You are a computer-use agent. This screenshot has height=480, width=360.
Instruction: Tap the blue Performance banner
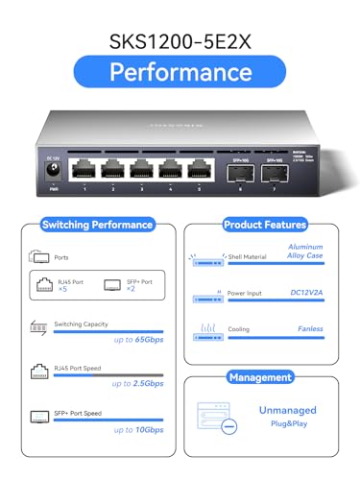pyautogui.click(x=180, y=72)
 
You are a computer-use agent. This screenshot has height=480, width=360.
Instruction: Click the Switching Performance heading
pyautogui.click(x=97, y=225)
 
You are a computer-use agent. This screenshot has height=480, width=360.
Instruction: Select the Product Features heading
pyautogui.click(x=264, y=225)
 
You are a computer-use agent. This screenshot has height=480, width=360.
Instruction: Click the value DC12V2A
pyautogui.click(x=305, y=294)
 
